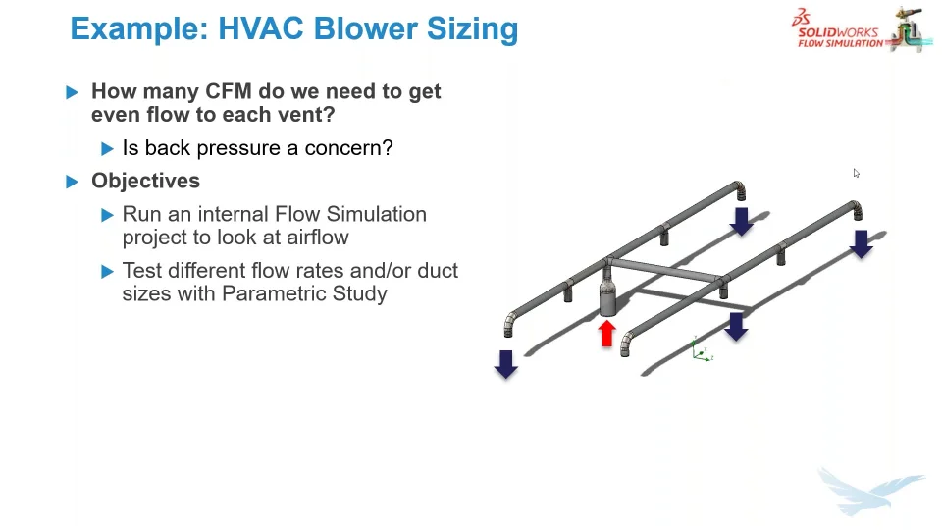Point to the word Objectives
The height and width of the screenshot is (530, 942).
click(x=145, y=181)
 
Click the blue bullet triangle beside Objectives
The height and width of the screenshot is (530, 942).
click(x=72, y=182)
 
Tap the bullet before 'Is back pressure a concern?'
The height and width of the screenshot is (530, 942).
click(x=108, y=149)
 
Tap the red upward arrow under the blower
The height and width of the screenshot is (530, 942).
click(x=606, y=334)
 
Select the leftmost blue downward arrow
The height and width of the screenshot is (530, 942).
click(x=506, y=363)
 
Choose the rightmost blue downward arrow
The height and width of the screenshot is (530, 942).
click(x=861, y=243)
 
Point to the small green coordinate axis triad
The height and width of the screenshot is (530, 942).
click(x=700, y=350)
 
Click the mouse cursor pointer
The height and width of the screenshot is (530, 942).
click(x=856, y=174)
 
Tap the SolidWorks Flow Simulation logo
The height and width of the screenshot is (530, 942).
click(x=857, y=29)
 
